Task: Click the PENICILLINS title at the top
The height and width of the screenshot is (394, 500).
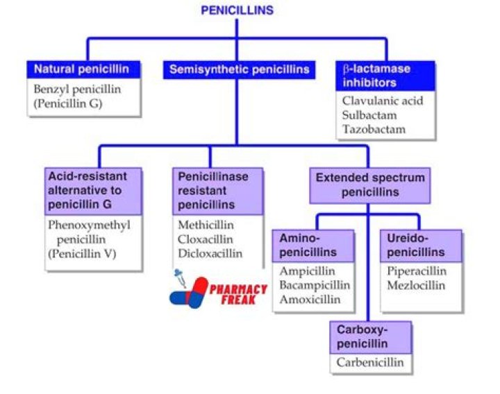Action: point(237,10)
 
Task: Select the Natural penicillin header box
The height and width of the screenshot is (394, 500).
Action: point(86,69)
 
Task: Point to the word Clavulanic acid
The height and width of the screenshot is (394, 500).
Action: point(382,101)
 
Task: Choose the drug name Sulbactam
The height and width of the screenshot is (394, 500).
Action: point(369,115)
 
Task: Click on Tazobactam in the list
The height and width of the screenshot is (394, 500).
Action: point(374,129)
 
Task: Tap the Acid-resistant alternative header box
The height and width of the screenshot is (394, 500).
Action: point(86,190)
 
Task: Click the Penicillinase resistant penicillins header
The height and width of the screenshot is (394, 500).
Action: point(217,191)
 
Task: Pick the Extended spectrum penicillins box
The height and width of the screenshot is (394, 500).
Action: point(369,185)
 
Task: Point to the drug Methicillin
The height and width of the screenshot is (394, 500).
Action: point(206,225)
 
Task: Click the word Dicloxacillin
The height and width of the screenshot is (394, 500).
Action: point(210,253)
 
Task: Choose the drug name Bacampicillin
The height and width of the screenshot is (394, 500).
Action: point(315,285)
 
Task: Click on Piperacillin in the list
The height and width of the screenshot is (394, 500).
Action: point(417,271)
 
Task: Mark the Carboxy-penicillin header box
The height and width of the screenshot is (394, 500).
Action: point(370,337)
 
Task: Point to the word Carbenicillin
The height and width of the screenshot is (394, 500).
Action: point(370,362)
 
